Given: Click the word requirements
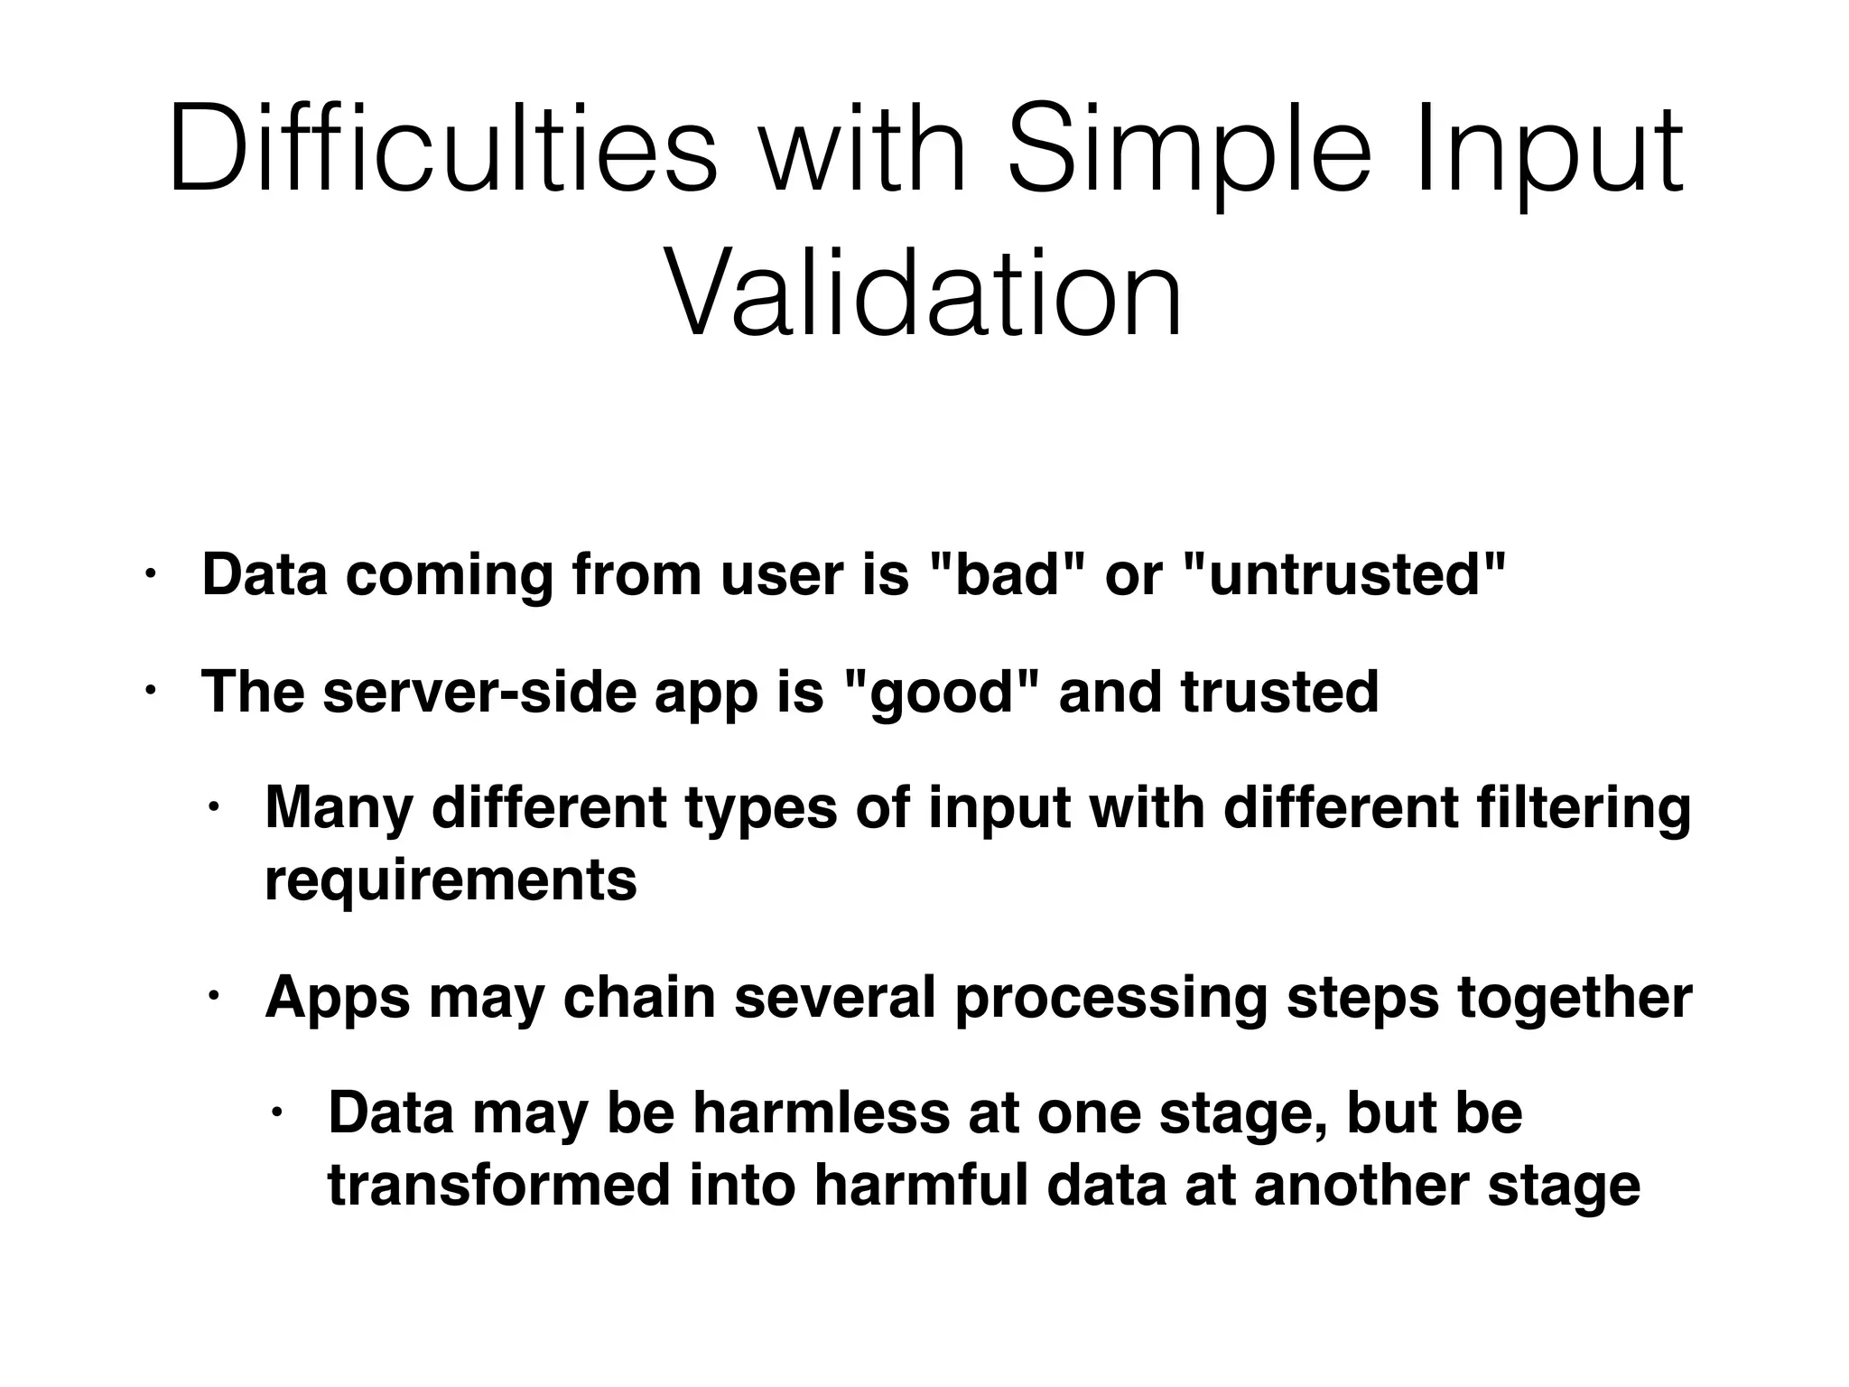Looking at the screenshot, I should [x=451, y=880].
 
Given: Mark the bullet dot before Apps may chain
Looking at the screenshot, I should [x=213, y=995].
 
